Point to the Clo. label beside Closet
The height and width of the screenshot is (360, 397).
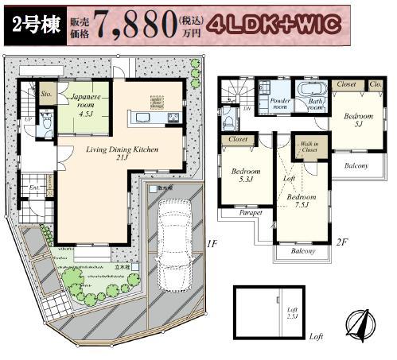coord(376,83)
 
